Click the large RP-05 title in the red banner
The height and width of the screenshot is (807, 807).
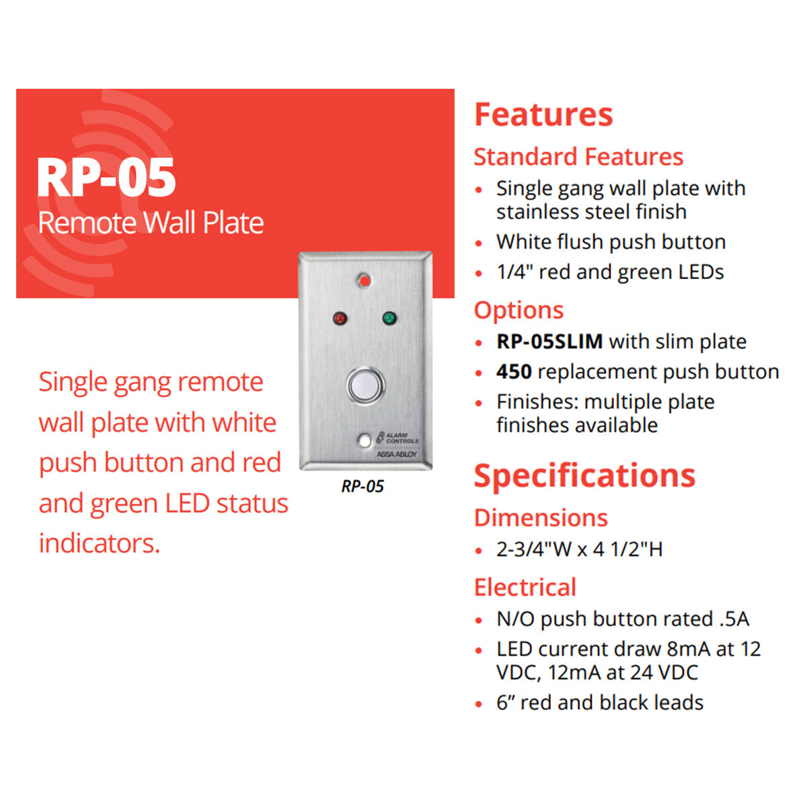106,178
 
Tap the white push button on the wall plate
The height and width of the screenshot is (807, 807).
365,386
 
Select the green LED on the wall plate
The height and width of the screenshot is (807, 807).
389,318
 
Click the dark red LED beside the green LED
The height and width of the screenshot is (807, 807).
340,319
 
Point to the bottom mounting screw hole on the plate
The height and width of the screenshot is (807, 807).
365,441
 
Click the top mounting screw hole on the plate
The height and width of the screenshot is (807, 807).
364,280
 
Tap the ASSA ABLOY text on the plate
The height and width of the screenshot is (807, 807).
396,454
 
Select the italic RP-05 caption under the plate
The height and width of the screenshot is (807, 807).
362,486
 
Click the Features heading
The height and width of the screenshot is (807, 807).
543,115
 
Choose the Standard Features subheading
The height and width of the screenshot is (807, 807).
578,157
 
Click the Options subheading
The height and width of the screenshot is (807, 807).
519,311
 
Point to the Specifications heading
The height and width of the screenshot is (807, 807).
584,475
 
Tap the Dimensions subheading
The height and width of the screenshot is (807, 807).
541,518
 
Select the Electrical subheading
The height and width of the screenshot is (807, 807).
525,587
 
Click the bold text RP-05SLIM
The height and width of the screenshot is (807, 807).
549,342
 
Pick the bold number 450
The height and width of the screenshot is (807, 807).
514,371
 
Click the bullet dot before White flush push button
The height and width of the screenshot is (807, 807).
479,243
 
